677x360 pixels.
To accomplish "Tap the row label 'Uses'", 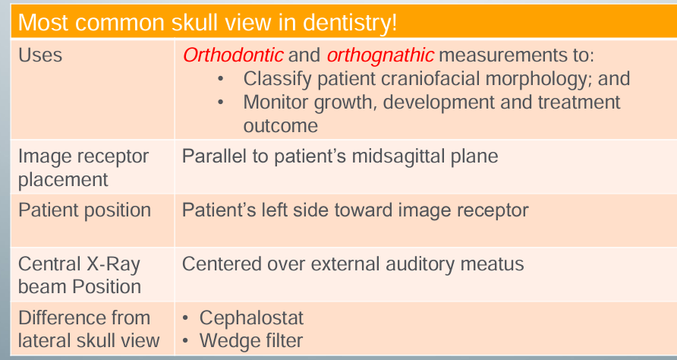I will point(40,55).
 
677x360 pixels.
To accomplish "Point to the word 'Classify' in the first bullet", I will point(276,78).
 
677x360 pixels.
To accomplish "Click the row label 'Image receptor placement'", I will point(83,168).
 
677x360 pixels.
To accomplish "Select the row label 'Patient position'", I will point(84,210).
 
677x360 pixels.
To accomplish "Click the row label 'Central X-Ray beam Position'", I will point(80,275).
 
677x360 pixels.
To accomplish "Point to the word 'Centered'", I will point(219,264).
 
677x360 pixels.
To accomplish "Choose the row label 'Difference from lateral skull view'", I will point(88,329).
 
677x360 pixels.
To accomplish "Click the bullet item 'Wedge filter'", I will point(251,340).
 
